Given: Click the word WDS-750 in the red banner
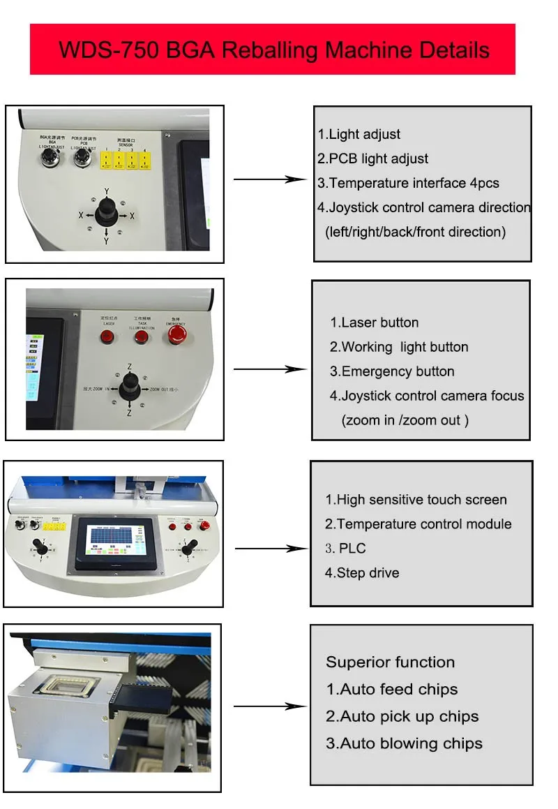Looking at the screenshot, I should click(x=102, y=50).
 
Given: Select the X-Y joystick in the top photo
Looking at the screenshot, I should click(x=107, y=208).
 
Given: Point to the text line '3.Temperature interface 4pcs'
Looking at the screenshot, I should click(x=408, y=183).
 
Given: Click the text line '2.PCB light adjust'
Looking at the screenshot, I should click(x=373, y=158).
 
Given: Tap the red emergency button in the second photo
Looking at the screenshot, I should click(x=175, y=336).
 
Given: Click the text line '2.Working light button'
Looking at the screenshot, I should click(x=399, y=347).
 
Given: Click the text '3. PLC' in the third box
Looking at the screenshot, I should click(x=345, y=549).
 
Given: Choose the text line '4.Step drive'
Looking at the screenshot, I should click(x=362, y=573).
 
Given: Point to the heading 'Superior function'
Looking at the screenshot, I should click(x=390, y=662).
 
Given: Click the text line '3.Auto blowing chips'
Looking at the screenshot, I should click(x=404, y=743).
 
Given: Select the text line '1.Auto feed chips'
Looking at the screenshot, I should click(x=391, y=690).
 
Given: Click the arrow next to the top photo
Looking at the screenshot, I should click(x=269, y=179).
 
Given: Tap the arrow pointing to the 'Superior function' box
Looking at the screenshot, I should click(x=269, y=706).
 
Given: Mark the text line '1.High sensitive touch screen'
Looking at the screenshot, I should click(x=416, y=500).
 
